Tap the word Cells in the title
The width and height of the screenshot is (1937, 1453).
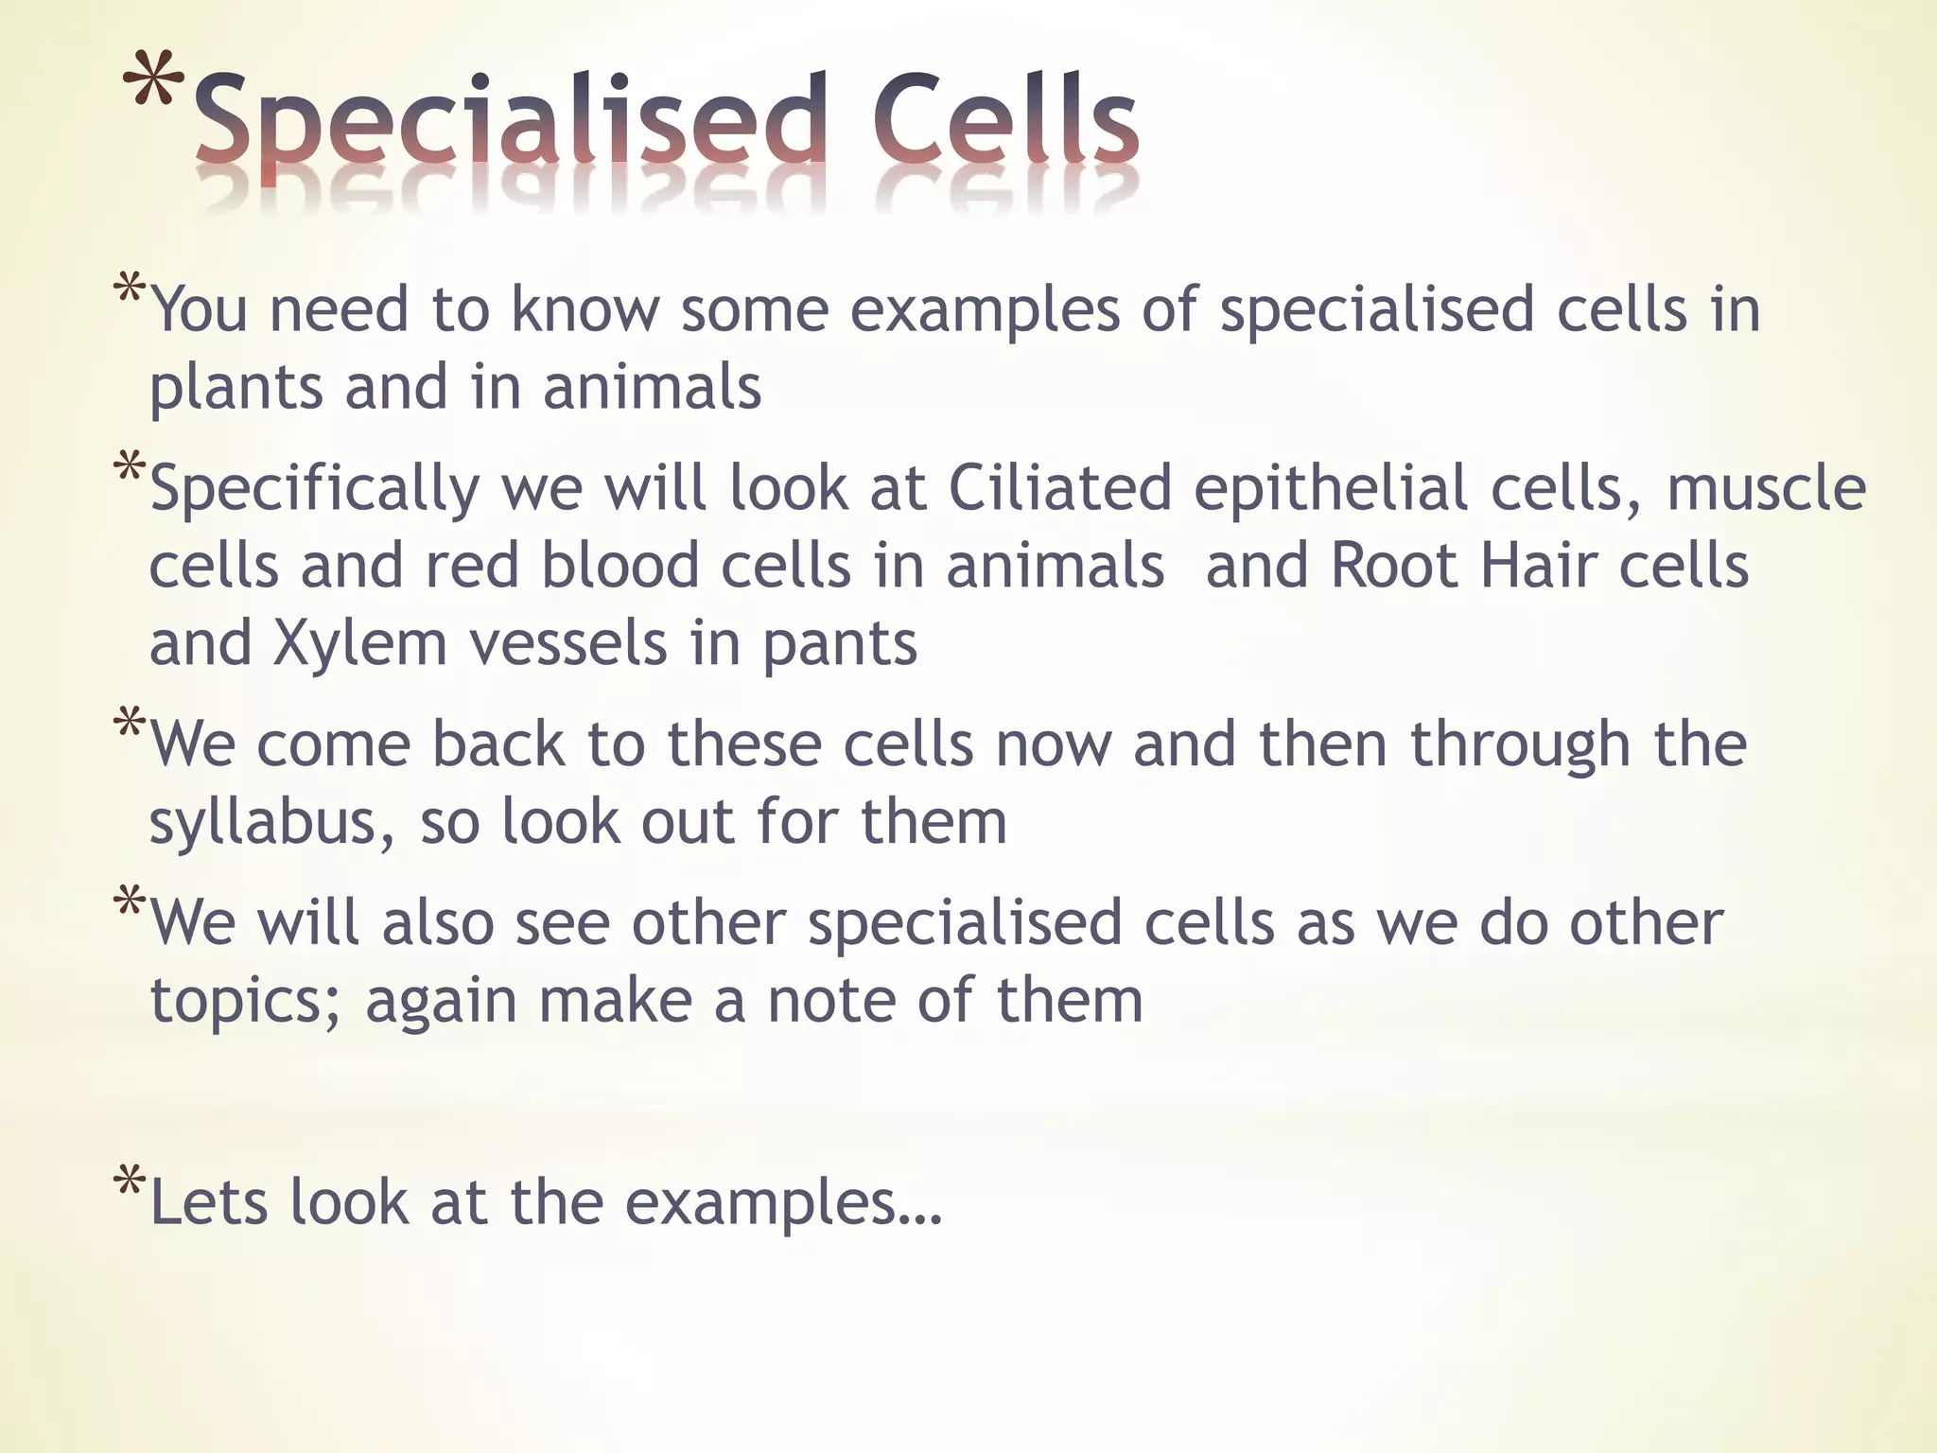[1004, 121]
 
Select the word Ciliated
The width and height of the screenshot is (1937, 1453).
[1059, 488]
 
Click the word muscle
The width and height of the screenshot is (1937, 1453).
[1766, 488]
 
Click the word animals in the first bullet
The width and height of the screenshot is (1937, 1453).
[653, 388]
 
